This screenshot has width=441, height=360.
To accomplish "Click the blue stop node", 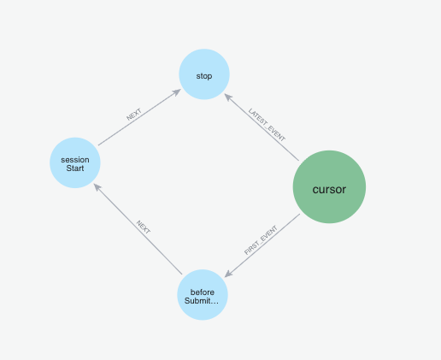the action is [x=204, y=74].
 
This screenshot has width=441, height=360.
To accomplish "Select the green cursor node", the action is [x=329, y=187].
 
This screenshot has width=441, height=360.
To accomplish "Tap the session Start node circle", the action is [x=75, y=162].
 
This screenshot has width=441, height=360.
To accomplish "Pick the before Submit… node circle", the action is [x=203, y=295].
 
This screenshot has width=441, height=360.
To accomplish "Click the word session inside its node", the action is [x=75, y=160].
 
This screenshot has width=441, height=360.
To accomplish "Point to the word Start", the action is [x=75, y=168].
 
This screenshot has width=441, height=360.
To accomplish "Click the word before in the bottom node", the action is [x=203, y=292].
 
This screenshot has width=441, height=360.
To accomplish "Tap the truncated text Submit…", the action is [x=202, y=301].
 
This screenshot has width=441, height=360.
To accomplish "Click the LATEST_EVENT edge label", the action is [x=267, y=125].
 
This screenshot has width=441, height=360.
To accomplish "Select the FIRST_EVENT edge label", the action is [x=261, y=240].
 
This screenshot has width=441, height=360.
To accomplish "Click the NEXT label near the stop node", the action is [x=134, y=115].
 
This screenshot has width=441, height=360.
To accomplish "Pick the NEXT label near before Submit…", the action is [x=144, y=227].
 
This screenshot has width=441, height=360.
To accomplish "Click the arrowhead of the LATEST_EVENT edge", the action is [x=228, y=97].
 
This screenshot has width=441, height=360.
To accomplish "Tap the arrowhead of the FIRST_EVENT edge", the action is [x=228, y=274].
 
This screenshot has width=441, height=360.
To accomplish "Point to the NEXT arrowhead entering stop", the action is [x=177, y=91].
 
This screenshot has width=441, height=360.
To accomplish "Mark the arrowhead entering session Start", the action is [x=97, y=187].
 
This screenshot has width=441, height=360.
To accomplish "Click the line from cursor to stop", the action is [x=262, y=127].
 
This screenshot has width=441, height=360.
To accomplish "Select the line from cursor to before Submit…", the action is [x=262, y=245].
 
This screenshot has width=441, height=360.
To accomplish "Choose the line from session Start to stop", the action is [x=139, y=117].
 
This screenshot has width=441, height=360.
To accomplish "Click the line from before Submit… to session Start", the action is [x=138, y=229].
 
